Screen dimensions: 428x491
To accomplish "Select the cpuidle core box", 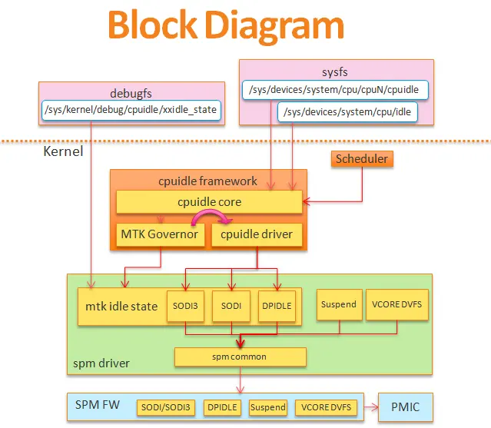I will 208,202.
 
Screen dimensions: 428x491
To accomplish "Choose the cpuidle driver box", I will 257,234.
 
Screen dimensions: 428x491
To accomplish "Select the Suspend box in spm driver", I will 338,304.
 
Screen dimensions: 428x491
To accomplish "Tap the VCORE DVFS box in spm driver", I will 396,304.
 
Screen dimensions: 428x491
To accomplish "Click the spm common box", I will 240,357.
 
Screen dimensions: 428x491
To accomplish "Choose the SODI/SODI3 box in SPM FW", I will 166,407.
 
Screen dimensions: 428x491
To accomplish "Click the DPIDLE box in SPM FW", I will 222,407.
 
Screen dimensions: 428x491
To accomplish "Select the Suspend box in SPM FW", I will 267,407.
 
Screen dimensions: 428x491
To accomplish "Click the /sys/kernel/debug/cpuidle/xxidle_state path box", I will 131,110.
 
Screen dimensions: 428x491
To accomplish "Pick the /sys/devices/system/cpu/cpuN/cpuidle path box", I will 334,90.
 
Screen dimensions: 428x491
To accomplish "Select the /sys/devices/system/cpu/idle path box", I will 348,112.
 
